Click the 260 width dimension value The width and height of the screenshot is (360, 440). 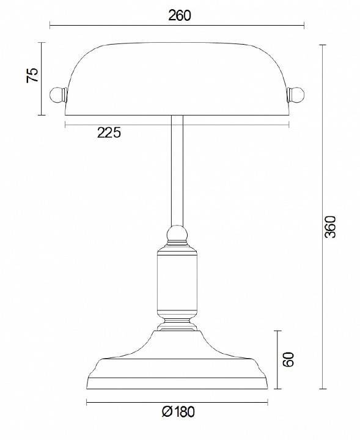pos(179,16)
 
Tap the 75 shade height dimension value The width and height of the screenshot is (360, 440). pos(32,75)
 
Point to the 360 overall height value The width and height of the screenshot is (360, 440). pos(331,227)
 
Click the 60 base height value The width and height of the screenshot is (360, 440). pos(289,359)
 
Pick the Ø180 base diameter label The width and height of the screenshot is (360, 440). pos(178,412)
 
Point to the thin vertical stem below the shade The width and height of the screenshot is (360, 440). pos(177,171)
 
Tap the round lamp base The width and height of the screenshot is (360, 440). pos(177,367)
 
